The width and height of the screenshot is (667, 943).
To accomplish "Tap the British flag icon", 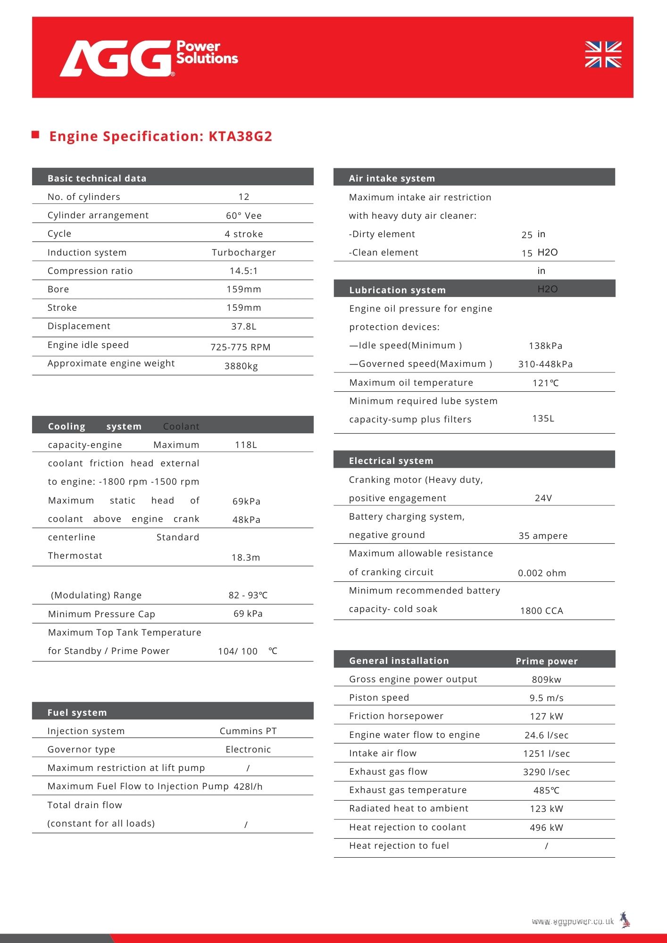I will (603, 55).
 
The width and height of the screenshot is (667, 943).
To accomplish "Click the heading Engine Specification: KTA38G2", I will (160, 136).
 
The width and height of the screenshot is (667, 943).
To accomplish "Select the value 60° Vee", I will (243, 215).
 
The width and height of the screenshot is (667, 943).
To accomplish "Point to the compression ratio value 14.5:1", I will (243, 271).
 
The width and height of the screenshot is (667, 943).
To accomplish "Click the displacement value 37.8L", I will (243, 326).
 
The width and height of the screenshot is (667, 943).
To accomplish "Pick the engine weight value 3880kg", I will (241, 366).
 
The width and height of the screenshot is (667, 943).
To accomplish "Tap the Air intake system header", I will (392, 178).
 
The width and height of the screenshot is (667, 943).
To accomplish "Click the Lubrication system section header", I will (397, 290).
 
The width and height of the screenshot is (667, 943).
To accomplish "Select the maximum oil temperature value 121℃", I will (545, 383).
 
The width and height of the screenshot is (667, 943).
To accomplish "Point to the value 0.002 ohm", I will (542, 573).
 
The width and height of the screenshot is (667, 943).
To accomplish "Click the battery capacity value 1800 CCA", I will (542, 611).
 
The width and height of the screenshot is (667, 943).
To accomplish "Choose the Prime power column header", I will (546, 661).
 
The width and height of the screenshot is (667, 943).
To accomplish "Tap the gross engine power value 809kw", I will (546, 679).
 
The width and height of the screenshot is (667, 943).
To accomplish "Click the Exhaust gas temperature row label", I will (408, 790).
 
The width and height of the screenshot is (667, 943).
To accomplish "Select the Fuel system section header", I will (77, 712).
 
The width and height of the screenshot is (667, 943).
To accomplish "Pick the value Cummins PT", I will (248, 731).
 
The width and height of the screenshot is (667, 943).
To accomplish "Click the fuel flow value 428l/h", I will (248, 786).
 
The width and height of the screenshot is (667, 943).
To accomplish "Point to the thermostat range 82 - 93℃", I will (248, 595).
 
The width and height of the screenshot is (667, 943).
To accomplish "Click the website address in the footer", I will (573, 921).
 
